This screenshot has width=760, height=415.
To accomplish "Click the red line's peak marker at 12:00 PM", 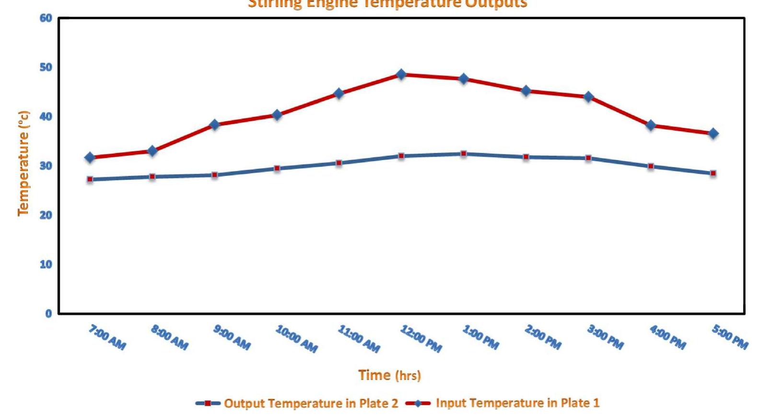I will click(x=401, y=74).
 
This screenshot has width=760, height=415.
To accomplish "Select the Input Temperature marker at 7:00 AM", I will click(x=90, y=157).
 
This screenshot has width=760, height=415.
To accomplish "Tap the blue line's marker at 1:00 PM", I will click(x=464, y=154).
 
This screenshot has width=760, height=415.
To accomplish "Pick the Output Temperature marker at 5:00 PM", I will click(x=713, y=173).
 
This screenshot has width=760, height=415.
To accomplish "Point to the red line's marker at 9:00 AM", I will click(x=214, y=125).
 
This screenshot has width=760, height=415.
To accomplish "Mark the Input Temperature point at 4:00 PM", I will click(x=651, y=126).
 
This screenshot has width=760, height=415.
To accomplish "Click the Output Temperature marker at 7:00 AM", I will click(x=90, y=179).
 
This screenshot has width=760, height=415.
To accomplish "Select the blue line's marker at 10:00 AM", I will click(x=277, y=168).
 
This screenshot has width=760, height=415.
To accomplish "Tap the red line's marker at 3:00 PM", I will click(x=588, y=97).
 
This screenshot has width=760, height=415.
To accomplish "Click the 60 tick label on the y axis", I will click(x=46, y=18).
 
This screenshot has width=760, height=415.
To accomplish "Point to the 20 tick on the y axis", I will click(x=46, y=215).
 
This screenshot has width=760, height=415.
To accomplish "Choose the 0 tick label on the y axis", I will click(x=48, y=314).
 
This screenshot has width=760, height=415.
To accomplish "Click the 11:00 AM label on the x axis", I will click(x=359, y=338).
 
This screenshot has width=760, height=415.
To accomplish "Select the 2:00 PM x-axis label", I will click(x=543, y=337).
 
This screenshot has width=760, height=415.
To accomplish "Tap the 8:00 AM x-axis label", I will click(x=170, y=337).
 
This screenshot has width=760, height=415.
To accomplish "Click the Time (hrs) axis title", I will click(x=389, y=375).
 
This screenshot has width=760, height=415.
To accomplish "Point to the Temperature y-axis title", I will click(x=23, y=163).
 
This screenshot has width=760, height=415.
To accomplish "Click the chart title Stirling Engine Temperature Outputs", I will click(x=387, y=4).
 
